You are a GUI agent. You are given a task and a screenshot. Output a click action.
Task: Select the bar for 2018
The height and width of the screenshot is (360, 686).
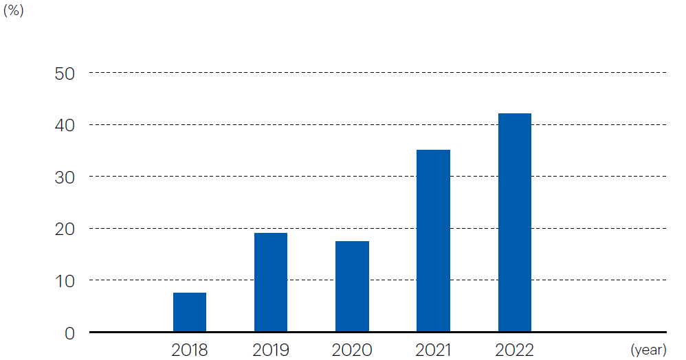point(190,313)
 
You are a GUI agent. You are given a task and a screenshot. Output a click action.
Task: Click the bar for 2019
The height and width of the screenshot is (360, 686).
point(271,282)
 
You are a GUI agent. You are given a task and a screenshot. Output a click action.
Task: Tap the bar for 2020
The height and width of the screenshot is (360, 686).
point(352,286)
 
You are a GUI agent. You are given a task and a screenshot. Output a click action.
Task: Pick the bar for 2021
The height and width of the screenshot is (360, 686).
point(433,240)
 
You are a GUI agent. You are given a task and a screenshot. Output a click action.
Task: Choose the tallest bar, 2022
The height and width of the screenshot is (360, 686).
point(514,223)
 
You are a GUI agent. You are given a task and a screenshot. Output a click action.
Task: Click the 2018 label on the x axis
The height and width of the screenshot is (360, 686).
point(190,350)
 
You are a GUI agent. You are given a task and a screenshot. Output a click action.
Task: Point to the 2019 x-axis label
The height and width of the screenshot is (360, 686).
point(271,350)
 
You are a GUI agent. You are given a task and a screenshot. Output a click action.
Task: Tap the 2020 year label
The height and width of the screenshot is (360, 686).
point(352,350)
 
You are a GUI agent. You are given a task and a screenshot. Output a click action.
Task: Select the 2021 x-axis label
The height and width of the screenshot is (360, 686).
point(433,350)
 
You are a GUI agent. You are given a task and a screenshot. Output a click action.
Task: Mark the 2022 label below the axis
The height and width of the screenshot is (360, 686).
point(514,350)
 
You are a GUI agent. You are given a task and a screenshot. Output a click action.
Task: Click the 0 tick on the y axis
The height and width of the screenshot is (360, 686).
point(69,333)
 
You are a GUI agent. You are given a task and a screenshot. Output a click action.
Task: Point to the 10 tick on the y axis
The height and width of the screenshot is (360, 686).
point(65,281)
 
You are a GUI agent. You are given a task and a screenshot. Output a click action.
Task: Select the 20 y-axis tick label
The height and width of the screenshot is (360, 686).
point(65,229)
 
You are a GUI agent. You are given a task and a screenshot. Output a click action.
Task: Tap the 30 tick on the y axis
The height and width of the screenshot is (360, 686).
point(65,177)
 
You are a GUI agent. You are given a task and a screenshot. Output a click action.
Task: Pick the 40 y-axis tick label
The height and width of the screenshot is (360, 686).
point(65,125)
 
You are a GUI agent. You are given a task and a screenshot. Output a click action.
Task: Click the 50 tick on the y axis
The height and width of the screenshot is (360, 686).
point(65,73)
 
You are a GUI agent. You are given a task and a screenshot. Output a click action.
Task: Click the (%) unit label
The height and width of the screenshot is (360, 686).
point(13,11)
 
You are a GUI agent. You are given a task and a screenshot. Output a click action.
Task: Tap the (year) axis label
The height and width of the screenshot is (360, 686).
point(648,350)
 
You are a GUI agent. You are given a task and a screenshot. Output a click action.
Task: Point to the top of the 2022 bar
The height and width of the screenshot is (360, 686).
point(514,114)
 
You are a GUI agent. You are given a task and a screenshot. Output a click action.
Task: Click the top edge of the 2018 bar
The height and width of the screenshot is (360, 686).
point(190,293)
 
